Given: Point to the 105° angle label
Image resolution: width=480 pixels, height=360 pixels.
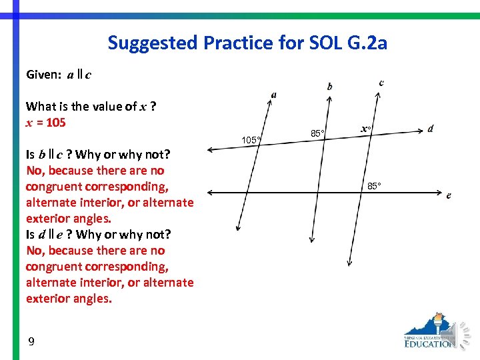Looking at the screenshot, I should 251,140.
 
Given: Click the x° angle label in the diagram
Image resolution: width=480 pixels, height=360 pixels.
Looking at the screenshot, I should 366,129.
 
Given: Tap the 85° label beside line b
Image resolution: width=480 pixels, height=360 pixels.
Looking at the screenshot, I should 317,134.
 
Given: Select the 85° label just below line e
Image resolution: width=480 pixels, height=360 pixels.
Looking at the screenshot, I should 374,186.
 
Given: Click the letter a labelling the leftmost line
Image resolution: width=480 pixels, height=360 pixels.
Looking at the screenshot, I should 274,94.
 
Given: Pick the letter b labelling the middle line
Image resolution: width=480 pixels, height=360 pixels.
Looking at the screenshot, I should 330,86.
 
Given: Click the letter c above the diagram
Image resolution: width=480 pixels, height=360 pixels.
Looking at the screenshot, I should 381,83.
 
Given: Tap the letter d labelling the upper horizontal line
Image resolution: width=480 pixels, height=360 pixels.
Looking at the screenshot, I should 431,128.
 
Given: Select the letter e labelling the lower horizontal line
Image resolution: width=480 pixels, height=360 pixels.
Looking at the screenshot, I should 449,195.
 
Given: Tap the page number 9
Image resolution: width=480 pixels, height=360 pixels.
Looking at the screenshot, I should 31,342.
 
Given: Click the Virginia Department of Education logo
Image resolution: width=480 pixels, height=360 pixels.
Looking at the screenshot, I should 430,331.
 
